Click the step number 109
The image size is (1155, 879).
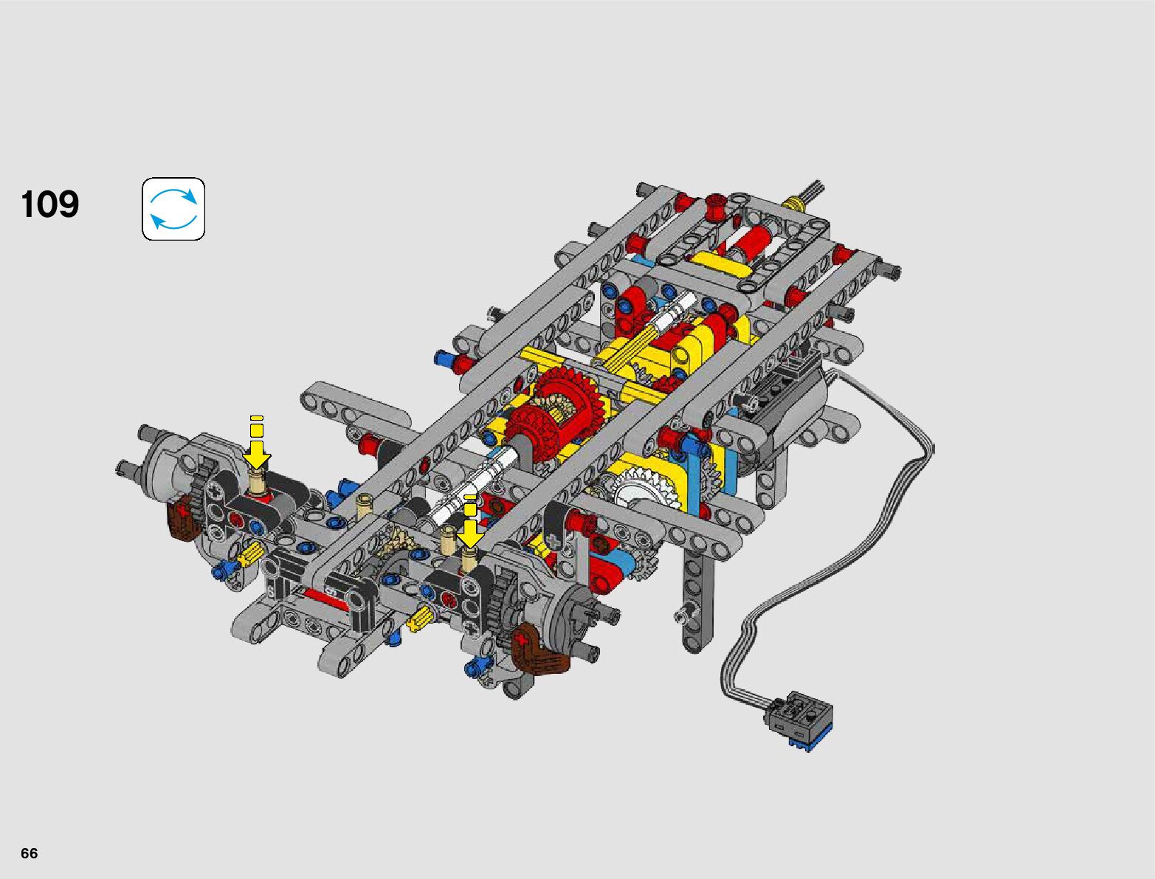click(x=50, y=204)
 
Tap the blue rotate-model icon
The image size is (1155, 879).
click(x=173, y=209)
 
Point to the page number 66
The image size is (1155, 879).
click(x=30, y=852)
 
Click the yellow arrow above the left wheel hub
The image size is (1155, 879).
click(x=256, y=442)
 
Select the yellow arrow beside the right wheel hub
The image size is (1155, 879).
click(x=470, y=523)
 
